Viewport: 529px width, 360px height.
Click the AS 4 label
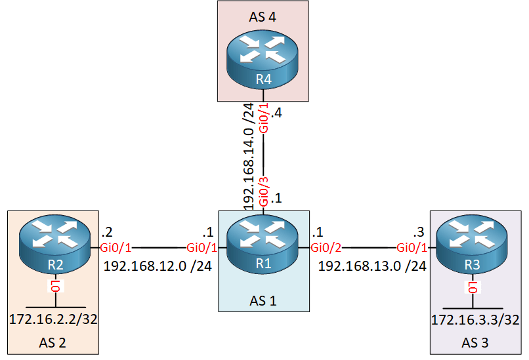(263, 17)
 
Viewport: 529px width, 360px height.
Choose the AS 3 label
(475, 342)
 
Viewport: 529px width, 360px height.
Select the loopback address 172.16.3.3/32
(475, 321)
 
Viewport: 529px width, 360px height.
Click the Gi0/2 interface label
(326, 249)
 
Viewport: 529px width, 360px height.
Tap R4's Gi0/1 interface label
(264, 119)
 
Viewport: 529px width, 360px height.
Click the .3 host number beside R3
(418, 232)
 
